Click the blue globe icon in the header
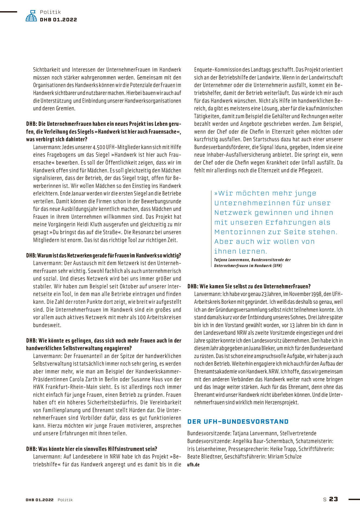coord(31,16)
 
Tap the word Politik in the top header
coord(50,12)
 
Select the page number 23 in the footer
coord(333,499)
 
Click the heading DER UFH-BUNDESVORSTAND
coord(238,422)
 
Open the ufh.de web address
coord(193,464)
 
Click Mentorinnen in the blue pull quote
coord(240,232)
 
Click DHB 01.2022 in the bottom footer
coord(40,500)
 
